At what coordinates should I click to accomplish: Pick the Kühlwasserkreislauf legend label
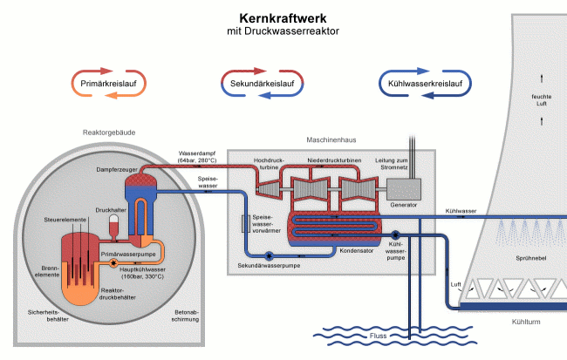(x=425, y=83)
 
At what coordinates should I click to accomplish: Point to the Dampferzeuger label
(x=116, y=168)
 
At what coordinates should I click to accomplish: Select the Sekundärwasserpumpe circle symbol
(x=269, y=255)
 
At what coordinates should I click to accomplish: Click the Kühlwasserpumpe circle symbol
(x=394, y=234)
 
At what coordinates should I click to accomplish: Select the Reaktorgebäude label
(x=107, y=132)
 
